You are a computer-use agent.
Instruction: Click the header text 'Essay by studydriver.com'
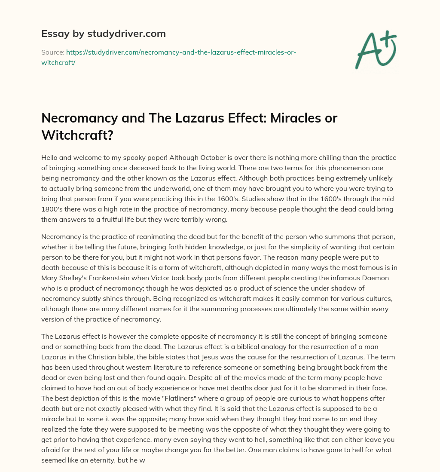click(x=103, y=34)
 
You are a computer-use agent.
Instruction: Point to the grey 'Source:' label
click(x=52, y=52)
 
